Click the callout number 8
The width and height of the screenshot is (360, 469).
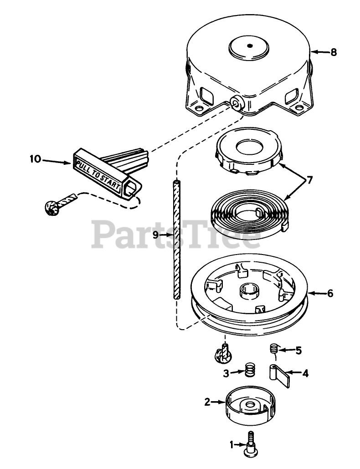334,52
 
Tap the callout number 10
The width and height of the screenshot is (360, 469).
35,159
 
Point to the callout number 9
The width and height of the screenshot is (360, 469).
155,235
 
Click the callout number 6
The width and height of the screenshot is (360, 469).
329,294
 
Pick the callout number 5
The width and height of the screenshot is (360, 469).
298,350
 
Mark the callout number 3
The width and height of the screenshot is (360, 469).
226,373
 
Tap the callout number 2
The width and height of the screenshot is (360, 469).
207,402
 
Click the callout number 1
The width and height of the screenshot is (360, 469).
232,444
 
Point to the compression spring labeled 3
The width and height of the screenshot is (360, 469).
250,369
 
